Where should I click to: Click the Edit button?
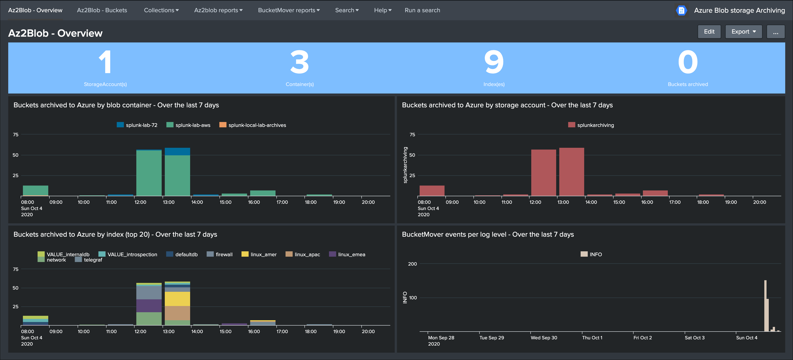[709, 32]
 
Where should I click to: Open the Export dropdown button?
[743, 32]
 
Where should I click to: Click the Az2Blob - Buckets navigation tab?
[102, 10]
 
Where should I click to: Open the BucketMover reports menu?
[288, 10]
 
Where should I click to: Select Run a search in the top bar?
[422, 10]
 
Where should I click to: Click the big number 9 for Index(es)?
[493, 62]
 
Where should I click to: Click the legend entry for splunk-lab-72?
[137, 125]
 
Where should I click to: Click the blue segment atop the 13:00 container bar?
[177, 151]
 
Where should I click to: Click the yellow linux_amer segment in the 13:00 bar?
[177, 298]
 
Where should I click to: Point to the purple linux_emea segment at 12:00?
[149, 306]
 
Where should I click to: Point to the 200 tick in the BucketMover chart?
[412, 264]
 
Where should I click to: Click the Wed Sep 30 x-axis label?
[544, 338]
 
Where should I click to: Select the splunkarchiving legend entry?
[591, 125]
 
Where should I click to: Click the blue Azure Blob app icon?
[681, 10]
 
